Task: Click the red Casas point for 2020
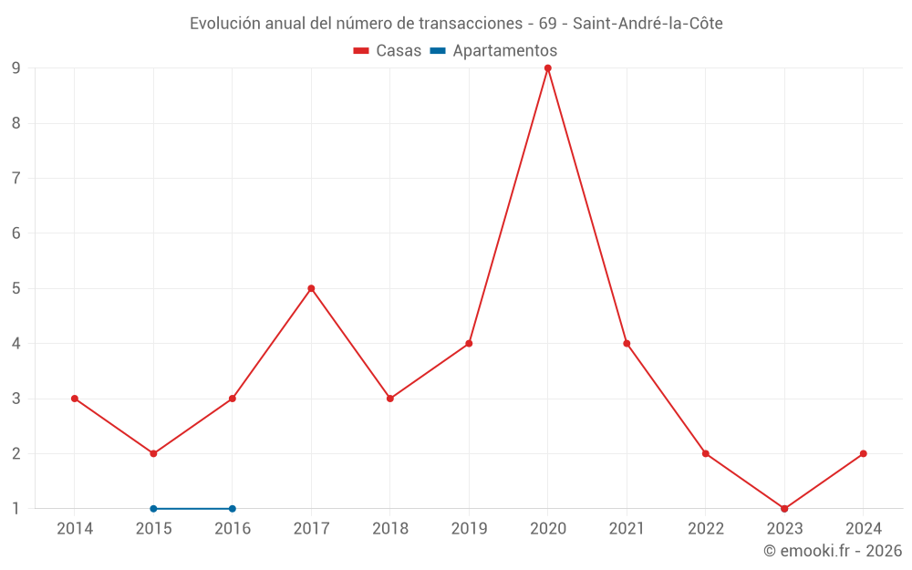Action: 548,67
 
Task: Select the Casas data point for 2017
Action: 311,288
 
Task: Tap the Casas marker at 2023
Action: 784,509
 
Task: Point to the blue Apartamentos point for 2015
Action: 153,509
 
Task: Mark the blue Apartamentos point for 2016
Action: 233,509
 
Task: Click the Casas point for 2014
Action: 75,399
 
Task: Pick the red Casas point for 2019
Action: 469,344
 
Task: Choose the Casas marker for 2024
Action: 863,453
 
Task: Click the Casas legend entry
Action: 388,51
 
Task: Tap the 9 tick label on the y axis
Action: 16,67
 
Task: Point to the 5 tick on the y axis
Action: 16,288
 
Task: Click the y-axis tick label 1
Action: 16,509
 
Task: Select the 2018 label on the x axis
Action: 390,529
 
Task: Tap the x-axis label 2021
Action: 627,529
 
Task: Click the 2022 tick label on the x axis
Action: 706,529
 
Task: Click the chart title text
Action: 456,24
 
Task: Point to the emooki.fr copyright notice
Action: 833,551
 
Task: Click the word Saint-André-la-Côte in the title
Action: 648,24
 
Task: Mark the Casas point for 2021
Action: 627,344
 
